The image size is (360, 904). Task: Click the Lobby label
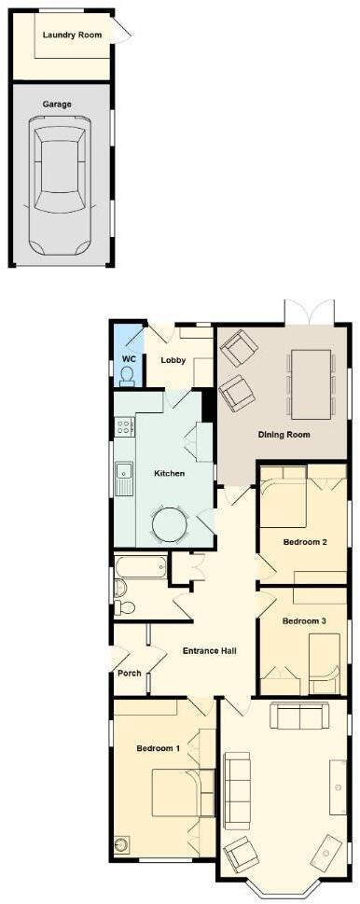(x=173, y=360)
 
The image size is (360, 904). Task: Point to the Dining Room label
(x=284, y=435)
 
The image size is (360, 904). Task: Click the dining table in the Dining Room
(x=312, y=384)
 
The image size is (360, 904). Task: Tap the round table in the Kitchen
(x=170, y=523)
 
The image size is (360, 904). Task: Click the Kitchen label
(x=169, y=474)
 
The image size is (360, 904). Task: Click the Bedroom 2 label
(x=304, y=540)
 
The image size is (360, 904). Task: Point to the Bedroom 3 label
(x=304, y=621)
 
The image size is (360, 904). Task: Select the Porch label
(x=129, y=674)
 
